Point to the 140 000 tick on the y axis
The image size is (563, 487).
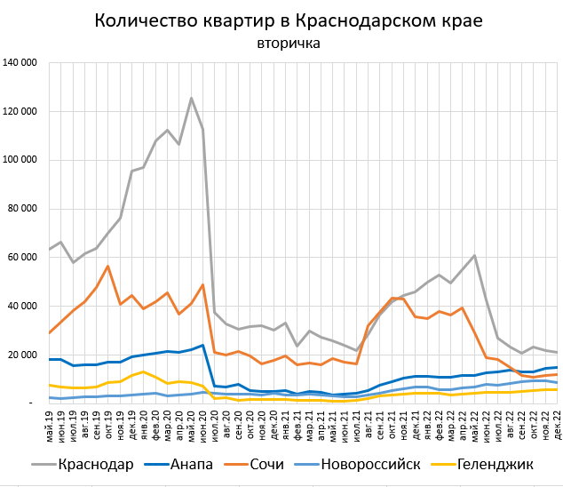[x=20, y=63]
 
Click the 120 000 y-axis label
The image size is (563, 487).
[x=20, y=112]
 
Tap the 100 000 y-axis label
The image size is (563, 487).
[x=20, y=161]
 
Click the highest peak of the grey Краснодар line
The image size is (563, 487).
[x=191, y=98]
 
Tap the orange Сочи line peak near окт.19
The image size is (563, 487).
[x=107, y=266]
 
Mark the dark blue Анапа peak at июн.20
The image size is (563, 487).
[x=203, y=345]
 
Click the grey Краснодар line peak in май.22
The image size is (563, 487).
[x=475, y=256]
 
